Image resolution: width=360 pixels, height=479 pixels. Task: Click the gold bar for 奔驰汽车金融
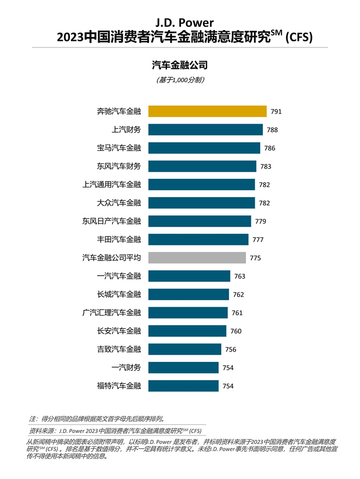pos(207,111)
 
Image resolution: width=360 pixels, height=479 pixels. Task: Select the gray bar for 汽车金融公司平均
pos(197,258)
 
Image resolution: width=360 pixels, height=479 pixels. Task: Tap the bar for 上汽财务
pos(205,130)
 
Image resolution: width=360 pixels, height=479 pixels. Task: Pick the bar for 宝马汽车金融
pos(204,148)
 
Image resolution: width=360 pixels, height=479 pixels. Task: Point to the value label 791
pos(276,112)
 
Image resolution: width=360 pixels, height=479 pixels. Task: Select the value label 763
pos(240,276)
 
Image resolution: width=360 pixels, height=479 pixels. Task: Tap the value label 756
pos(231,349)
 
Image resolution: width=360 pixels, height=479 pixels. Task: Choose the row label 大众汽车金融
pos(119,203)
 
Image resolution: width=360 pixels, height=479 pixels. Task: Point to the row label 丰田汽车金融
pos(119,239)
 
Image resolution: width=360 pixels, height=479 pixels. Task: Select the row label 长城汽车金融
pos(119,294)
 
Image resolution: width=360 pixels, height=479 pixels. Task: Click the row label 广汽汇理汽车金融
pos(111,313)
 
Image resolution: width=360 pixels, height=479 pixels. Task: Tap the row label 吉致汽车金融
pos(119,349)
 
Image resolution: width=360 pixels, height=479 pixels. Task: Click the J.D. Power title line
pos(181,23)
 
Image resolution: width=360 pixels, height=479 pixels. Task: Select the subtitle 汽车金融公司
pos(180,66)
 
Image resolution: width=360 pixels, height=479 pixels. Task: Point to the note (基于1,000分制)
pos(180,80)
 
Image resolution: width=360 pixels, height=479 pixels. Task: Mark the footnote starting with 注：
pos(96,420)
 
